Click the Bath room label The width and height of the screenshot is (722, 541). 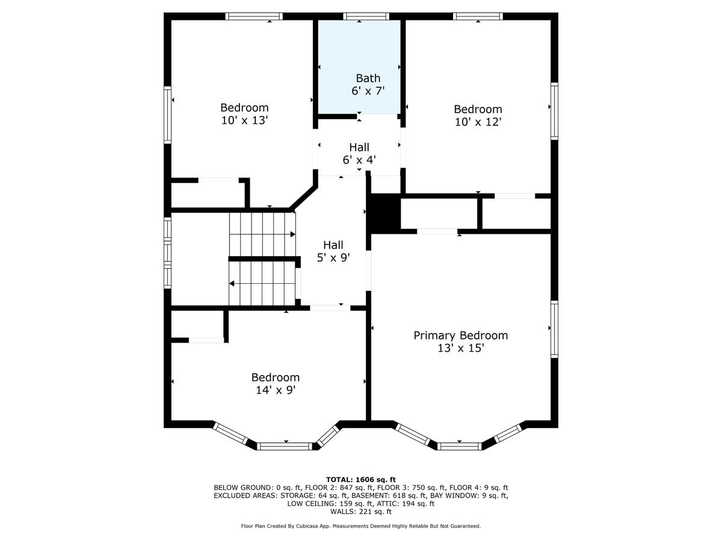point(368,78)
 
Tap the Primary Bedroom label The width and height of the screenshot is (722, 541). point(460,335)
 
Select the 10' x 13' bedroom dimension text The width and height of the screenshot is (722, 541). point(244,120)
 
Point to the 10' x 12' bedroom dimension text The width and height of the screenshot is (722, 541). point(478,121)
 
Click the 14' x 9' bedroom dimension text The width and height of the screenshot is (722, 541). point(275,390)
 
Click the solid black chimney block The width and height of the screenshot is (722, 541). point(385,213)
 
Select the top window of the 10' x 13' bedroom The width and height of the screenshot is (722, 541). point(254,16)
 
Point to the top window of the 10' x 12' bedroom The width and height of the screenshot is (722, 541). point(478,16)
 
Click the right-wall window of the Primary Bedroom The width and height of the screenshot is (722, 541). point(554,330)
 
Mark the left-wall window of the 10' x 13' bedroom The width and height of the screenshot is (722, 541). point(168,115)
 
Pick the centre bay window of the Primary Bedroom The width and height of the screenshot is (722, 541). point(459,446)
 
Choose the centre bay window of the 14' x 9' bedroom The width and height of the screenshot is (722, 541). point(285,446)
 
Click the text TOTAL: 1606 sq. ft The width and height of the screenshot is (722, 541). point(361,479)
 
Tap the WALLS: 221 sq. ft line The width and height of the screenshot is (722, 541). point(361,512)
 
